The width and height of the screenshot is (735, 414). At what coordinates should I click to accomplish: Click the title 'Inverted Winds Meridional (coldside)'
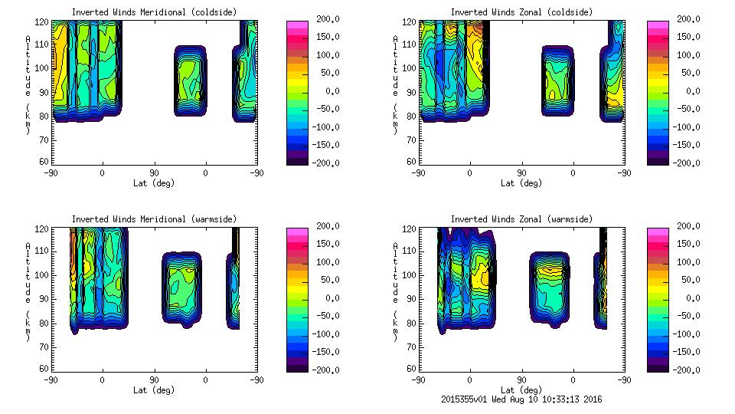(x=154, y=11)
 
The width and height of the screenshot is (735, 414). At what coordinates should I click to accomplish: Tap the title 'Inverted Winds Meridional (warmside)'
(x=154, y=219)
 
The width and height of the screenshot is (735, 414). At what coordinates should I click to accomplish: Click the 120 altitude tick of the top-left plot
(x=44, y=21)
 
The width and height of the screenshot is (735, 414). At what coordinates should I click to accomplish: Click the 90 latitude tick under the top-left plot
(x=154, y=172)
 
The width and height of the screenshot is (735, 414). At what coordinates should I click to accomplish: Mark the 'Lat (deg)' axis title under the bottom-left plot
(x=154, y=389)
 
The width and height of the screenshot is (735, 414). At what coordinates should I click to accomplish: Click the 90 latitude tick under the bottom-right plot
(x=521, y=379)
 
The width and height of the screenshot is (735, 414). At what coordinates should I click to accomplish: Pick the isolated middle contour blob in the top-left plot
(x=189, y=80)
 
